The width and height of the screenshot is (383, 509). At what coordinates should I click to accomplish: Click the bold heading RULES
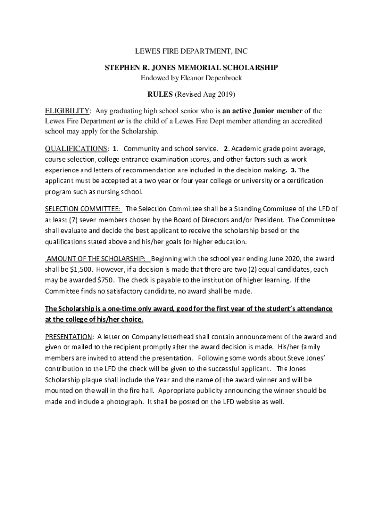pos(160,94)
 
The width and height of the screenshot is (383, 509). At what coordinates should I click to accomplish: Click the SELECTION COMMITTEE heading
pos(83,209)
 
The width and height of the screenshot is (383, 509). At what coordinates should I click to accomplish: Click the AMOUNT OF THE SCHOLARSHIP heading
pos(97,259)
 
